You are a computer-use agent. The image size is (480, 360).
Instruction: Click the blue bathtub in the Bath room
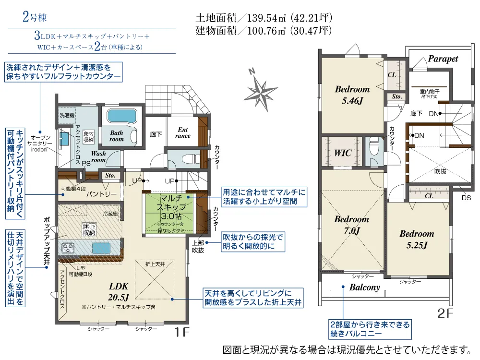click(121, 116)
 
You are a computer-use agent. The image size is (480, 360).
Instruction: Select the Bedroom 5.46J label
click(352, 95)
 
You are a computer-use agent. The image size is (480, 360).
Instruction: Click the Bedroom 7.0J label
click(351, 225)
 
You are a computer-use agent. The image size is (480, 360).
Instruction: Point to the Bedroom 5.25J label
click(417, 240)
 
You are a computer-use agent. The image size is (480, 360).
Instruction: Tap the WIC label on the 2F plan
click(343, 153)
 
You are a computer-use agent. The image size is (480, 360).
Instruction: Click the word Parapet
click(443, 59)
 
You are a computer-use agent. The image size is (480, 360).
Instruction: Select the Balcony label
click(365, 288)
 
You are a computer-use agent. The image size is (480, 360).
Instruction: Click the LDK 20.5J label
click(119, 291)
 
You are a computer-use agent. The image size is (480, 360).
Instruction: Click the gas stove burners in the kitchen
click(68, 248)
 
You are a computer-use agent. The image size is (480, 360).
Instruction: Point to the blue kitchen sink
click(101, 248)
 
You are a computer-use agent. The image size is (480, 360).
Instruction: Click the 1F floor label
click(182, 332)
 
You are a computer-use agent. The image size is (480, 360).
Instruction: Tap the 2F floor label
click(445, 313)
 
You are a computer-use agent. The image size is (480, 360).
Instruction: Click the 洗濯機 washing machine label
click(67, 115)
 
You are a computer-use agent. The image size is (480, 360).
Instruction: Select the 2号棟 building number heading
click(35, 16)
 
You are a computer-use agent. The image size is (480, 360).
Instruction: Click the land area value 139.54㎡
click(266, 18)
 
